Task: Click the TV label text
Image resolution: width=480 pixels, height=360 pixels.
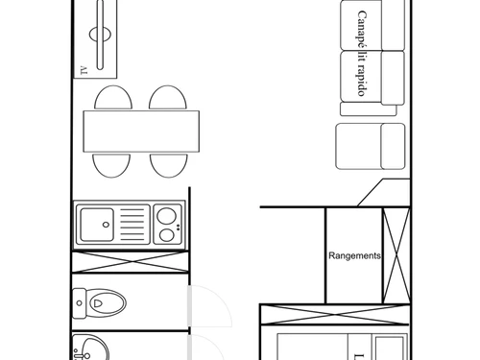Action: (84, 69)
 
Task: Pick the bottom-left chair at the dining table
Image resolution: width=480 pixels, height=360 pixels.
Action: (112, 164)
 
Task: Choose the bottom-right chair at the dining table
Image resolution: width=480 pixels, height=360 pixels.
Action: (168, 164)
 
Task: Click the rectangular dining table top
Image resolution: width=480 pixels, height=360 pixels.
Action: (142, 132)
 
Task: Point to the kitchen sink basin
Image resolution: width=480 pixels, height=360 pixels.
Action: (96, 226)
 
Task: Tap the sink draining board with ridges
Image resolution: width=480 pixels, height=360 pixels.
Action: (132, 226)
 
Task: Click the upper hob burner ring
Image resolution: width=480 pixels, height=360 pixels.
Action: (167, 214)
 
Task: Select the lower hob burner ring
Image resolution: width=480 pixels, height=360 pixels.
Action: (167, 234)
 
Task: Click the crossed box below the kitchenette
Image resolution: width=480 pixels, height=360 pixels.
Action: (130, 263)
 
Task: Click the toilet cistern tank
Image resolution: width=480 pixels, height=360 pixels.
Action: (79, 304)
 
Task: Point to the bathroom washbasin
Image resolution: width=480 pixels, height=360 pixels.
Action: (91, 348)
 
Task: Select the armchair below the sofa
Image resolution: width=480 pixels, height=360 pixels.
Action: (371, 146)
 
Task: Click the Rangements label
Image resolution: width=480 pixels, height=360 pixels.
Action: (354, 256)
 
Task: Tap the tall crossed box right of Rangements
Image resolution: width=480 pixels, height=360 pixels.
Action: (396, 253)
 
